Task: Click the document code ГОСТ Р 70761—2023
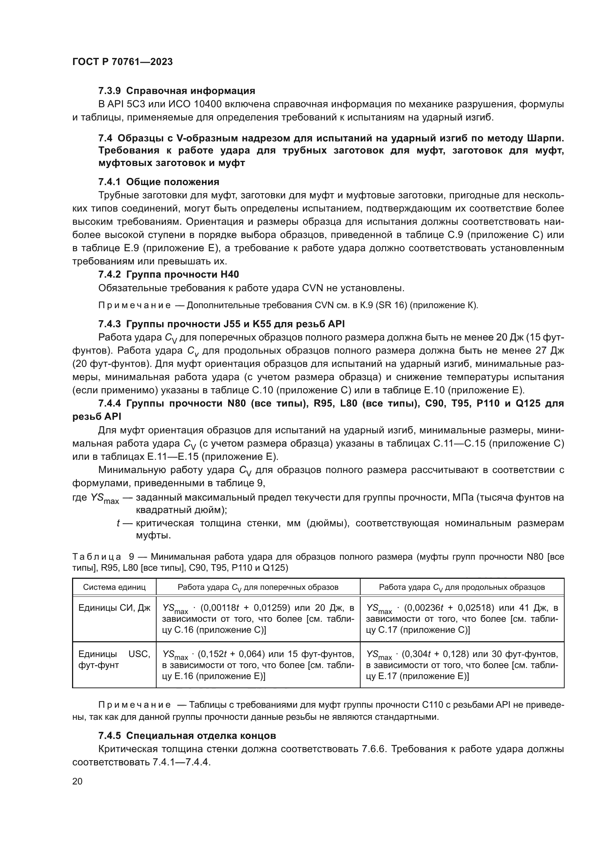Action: click(122, 62)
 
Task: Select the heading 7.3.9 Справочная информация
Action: click(176, 91)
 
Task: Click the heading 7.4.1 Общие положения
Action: click(158, 182)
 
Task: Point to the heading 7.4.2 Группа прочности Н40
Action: click(168, 275)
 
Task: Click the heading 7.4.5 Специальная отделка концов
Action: click(187, 736)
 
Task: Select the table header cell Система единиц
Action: click(114, 587)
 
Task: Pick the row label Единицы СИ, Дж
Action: click(114, 608)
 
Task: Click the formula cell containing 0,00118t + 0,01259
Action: click(258, 618)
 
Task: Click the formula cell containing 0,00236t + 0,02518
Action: click(462, 618)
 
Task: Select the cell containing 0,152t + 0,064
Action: click(258, 665)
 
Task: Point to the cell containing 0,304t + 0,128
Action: click(462, 665)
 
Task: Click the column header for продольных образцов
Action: click(462, 587)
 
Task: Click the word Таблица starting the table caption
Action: click(97, 557)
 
